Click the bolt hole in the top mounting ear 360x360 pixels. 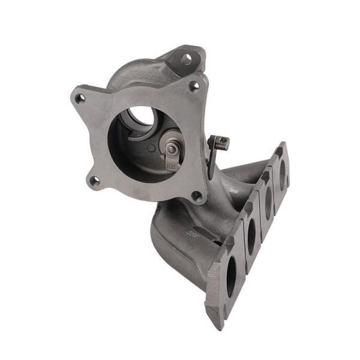click(x=186, y=59)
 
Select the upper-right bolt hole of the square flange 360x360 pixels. click(x=194, y=86)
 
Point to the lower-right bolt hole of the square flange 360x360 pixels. click(x=196, y=195)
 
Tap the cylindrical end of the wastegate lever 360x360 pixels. click(x=221, y=142)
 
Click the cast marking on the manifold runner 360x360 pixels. click(x=193, y=233)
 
